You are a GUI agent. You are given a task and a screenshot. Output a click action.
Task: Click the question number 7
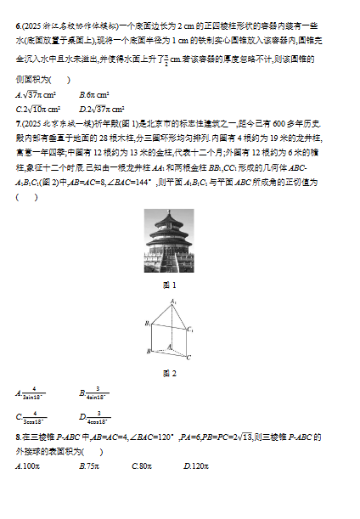click(18, 122)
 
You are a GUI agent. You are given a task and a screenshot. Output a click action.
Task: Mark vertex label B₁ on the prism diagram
click(147, 323)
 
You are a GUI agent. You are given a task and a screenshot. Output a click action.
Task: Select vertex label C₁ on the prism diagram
click(191, 330)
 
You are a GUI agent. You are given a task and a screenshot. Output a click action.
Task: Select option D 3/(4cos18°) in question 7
click(94, 416)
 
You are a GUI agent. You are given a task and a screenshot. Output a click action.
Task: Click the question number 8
click(18, 437)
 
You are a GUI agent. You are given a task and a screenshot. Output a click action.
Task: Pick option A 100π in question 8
click(29, 466)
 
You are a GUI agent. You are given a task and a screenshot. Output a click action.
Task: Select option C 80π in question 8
click(142, 466)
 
